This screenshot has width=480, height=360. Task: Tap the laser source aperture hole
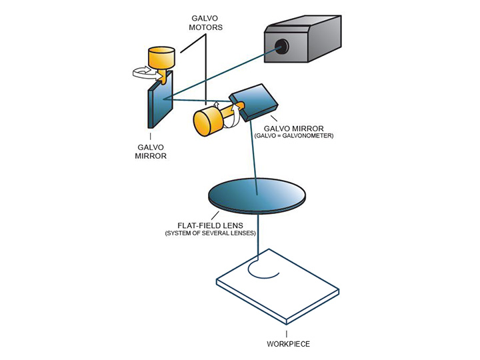coord(282,46)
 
